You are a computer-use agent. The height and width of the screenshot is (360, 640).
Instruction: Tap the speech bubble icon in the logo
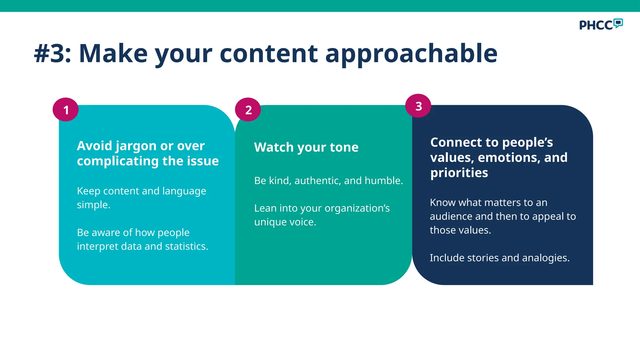[618, 23]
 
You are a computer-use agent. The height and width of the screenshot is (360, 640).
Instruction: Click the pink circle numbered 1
[66, 110]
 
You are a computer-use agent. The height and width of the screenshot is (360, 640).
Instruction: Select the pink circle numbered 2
[248, 110]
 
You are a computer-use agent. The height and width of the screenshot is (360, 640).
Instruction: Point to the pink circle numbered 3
[418, 106]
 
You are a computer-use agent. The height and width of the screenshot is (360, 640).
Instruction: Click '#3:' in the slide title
[52, 53]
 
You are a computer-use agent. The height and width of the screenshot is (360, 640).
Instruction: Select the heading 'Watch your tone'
[306, 147]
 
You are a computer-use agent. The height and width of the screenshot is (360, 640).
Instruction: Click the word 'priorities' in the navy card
[459, 173]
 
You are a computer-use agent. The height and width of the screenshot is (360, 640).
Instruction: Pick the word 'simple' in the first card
[93, 205]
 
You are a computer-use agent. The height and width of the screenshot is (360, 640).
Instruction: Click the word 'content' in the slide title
[269, 53]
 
